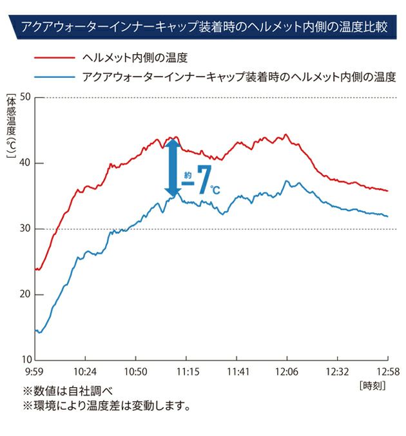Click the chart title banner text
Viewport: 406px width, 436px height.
(203, 28)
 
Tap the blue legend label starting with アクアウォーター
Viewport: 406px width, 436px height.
(238, 77)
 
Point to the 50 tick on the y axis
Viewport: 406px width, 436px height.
(25, 97)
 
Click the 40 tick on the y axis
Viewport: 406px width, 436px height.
(25, 163)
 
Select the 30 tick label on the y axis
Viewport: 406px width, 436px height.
(25, 229)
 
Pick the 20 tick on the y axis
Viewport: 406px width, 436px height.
(25, 294)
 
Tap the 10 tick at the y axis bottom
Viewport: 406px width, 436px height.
(25, 359)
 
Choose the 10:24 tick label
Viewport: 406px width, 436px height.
(85, 372)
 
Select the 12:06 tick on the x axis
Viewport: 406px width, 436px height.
(287, 372)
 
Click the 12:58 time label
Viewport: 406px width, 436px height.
(387, 372)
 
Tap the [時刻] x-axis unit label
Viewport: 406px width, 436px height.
(373, 386)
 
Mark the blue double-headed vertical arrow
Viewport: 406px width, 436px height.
(172, 169)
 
